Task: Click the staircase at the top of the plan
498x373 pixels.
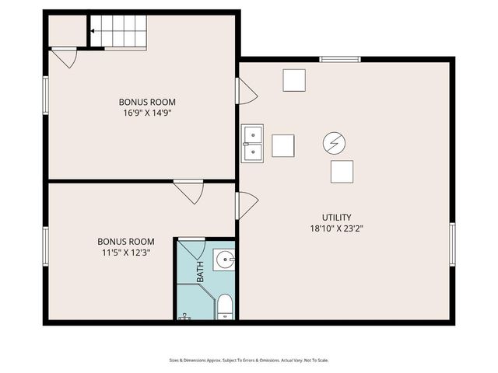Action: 118,32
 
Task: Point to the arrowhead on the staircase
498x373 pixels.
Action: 92,32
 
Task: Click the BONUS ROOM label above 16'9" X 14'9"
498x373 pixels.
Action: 146,102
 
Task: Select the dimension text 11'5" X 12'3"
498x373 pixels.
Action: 125,253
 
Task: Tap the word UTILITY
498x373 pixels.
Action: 337,217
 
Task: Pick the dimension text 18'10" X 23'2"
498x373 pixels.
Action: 337,228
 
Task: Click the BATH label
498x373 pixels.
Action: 200,271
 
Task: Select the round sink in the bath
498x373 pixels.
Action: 223,260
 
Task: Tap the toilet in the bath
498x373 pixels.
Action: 225,307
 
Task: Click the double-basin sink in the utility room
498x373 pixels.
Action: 252,144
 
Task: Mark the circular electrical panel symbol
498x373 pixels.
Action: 334,143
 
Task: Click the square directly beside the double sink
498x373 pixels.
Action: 283,145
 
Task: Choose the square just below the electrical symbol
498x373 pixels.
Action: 342,171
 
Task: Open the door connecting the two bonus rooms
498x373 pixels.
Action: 188,190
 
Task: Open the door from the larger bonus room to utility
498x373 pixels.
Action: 247,91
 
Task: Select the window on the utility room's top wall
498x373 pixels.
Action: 340,59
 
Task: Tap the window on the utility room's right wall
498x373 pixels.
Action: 452,244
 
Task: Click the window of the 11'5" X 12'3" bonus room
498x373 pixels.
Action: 46,246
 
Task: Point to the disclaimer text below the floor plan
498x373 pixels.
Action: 249,360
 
